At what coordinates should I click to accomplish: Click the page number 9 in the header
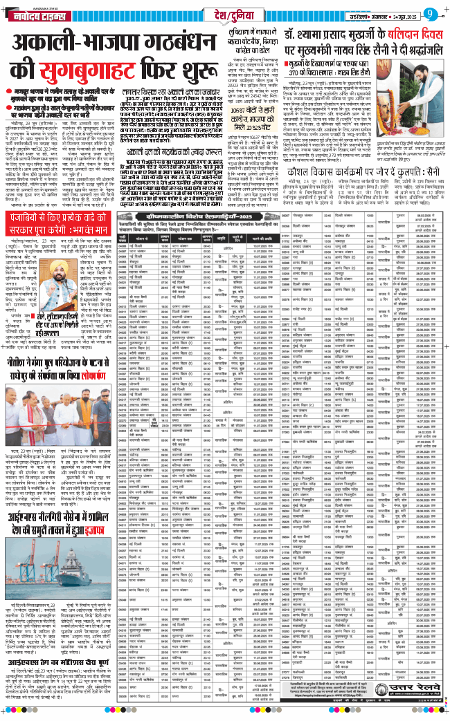pos(431,12)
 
